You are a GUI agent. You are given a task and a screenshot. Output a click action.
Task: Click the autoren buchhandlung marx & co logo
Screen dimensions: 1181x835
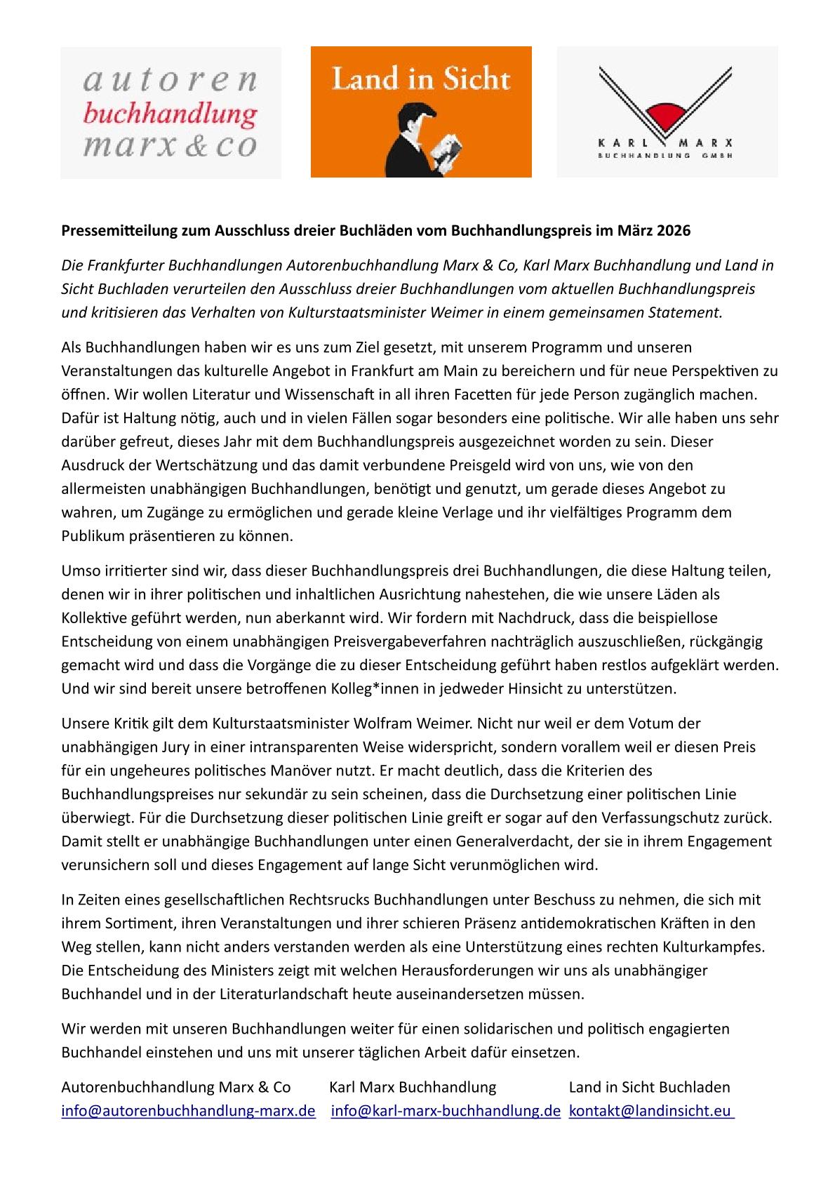point(171,112)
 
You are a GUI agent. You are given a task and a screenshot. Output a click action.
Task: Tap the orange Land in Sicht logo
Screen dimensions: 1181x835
point(421,112)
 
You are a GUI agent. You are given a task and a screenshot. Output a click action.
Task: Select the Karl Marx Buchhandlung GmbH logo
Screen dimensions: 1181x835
point(667,112)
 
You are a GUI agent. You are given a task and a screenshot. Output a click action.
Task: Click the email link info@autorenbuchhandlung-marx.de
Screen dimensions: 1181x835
point(188,1111)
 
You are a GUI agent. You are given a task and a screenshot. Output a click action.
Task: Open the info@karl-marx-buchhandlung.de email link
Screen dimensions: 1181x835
point(446,1111)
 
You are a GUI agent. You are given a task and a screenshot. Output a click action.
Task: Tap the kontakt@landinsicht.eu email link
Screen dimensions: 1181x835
point(650,1111)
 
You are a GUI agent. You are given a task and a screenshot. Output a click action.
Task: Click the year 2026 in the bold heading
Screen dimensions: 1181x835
point(674,230)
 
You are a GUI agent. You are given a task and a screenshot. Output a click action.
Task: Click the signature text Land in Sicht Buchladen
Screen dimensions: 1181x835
point(649,1087)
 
